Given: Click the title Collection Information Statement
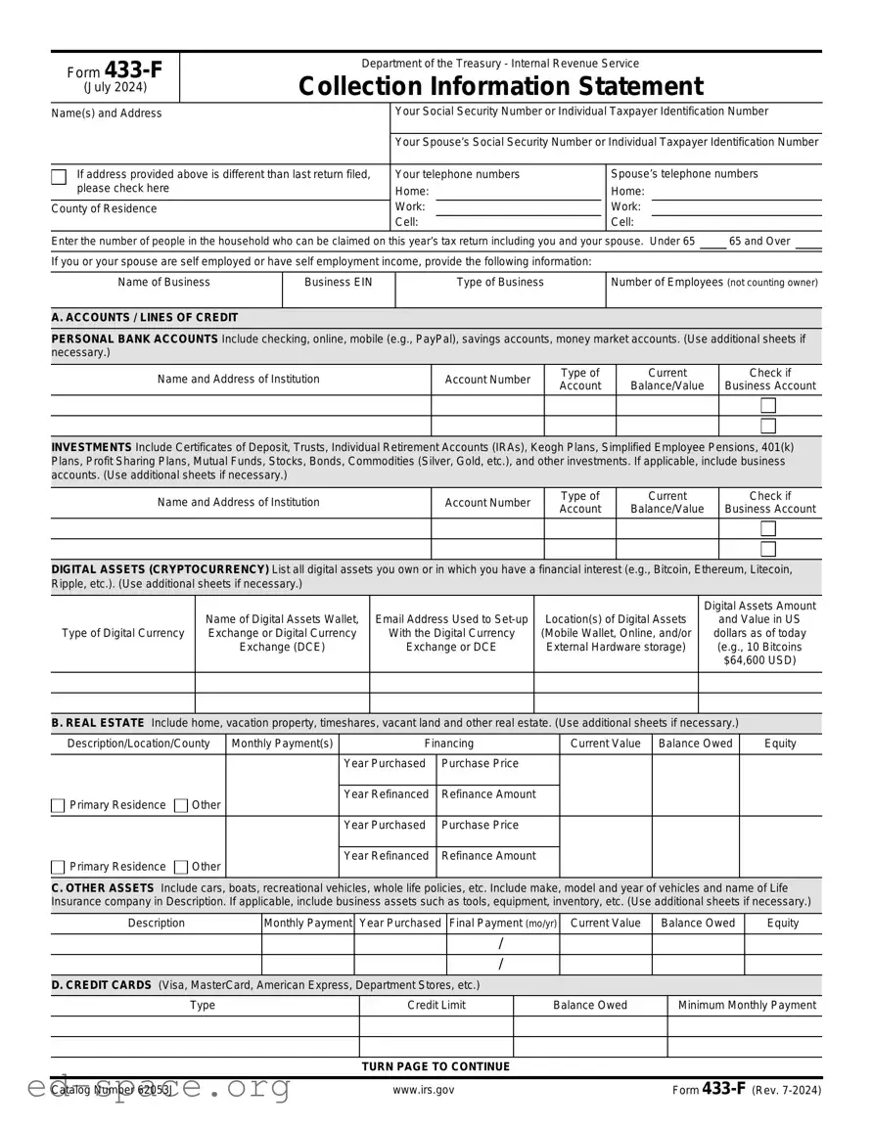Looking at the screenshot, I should coord(500,86).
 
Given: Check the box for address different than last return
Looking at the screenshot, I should coord(59,177).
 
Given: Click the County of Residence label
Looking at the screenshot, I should coord(104,208).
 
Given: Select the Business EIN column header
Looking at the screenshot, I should coord(339,282).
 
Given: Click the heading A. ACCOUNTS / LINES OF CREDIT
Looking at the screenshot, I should coord(144,317).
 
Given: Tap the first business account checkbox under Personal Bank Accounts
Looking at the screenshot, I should coord(768,405).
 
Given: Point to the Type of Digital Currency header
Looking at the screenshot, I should coord(122,633).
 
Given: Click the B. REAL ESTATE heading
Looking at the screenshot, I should coord(98,722).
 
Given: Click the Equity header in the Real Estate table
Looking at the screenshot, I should coord(780,744).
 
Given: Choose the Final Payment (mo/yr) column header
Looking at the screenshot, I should coord(502,923).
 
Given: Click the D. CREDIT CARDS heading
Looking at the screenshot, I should coord(101,984).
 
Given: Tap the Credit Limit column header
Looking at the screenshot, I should coord(436,1005).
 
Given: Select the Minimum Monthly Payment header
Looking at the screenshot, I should coord(747,1005).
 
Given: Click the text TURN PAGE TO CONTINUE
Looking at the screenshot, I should coord(436,1066).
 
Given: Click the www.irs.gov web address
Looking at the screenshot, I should coord(423,1090).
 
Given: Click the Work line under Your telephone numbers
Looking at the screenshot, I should coord(518,207).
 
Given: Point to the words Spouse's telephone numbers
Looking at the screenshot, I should coord(684,174).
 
